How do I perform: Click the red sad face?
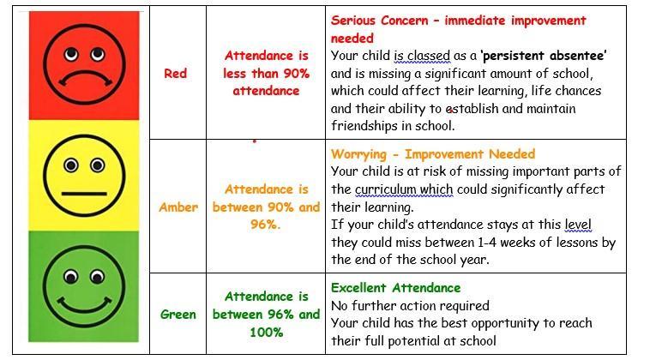point(84,64)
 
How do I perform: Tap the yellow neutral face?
point(84,175)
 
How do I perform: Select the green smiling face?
point(84,286)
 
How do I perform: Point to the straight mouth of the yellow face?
point(84,194)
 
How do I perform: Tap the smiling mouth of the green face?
point(84,306)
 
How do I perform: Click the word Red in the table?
point(175,74)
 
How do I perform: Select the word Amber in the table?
point(178,207)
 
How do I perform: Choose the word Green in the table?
point(178,314)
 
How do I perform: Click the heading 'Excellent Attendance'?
point(395,288)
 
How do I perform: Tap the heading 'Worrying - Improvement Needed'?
point(432,154)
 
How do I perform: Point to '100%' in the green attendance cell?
point(267,333)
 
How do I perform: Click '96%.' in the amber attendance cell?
point(265,225)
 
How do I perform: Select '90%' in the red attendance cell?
point(296,74)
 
